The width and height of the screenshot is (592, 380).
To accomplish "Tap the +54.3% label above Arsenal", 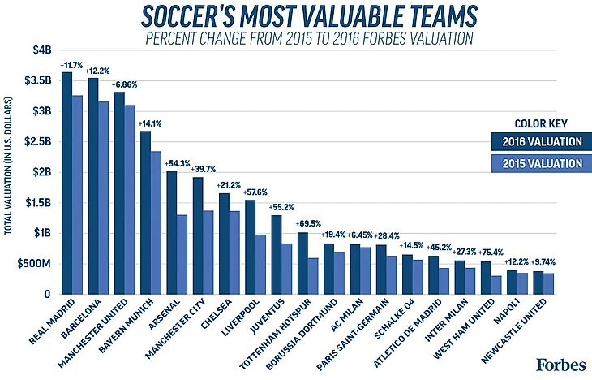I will tap(177, 164).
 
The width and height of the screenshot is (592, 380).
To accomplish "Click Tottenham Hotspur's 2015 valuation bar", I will tap(312, 276).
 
